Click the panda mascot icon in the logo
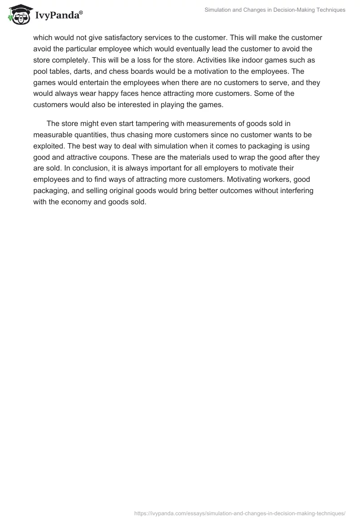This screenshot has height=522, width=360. (x=18, y=14)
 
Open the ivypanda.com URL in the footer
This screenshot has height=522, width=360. (x=240, y=513)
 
